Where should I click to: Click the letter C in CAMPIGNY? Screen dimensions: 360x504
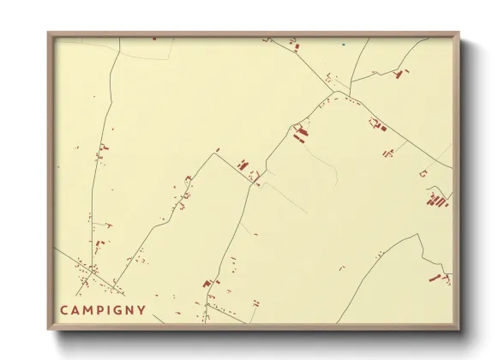click(64, 310)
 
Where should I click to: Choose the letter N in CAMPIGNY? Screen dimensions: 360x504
click(131, 310)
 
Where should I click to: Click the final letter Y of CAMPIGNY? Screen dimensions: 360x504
click(142, 310)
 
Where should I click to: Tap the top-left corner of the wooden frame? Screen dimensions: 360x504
click(49, 33)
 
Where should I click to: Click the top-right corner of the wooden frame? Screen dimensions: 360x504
click(459, 33)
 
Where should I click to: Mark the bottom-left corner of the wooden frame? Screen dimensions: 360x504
click(49, 330)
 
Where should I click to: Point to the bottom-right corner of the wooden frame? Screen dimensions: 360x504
click(459, 330)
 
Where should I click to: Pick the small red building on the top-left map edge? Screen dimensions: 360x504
click(154, 39)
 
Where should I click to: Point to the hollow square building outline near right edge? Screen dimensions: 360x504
click(423, 173)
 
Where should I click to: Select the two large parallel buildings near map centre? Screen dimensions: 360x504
click(300, 134)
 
